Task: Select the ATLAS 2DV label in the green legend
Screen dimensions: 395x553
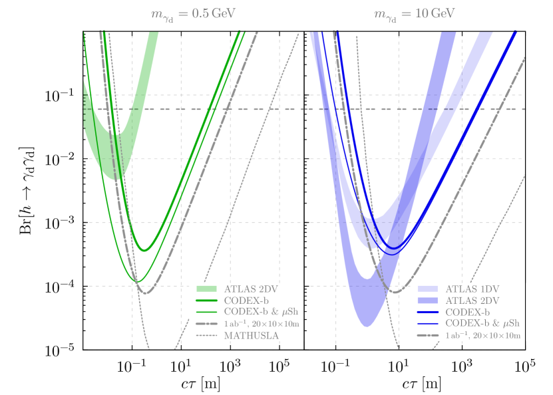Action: tap(245, 289)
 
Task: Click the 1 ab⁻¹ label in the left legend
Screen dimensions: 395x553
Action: tap(261, 324)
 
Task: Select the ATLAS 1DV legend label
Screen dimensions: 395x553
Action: tap(472, 289)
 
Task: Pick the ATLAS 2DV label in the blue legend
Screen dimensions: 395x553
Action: tap(472, 301)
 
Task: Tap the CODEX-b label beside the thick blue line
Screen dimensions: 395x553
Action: tap(468, 312)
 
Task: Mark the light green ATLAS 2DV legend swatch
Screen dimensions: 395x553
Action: tap(206, 289)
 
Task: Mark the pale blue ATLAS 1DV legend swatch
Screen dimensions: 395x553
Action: tap(428, 289)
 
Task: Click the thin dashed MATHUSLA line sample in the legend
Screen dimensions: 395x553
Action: tap(206, 336)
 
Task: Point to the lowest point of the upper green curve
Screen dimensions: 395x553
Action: tap(144, 251)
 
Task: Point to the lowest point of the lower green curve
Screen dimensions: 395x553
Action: tap(136, 281)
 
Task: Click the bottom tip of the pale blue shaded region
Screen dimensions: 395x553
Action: tap(365, 326)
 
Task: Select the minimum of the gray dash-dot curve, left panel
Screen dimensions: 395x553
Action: tap(146, 293)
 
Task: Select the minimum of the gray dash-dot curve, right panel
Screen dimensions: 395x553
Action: tap(395, 292)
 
